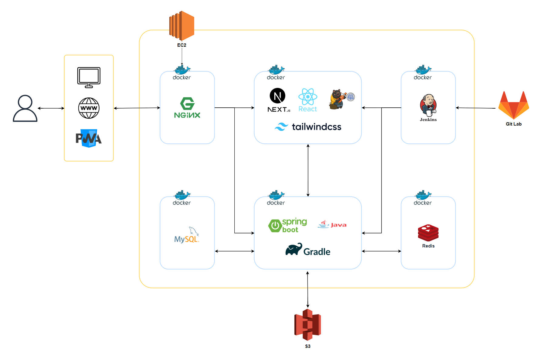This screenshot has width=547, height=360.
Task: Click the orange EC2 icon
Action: click(182, 26)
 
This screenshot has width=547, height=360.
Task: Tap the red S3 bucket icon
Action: click(307, 325)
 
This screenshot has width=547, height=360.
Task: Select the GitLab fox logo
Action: click(514, 105)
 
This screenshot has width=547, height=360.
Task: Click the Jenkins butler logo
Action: click(428, 105)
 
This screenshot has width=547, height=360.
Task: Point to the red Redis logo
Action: click(428, 233)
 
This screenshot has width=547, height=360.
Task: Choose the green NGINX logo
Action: click(187, 108)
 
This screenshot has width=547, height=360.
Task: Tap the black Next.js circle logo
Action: click(277, 96)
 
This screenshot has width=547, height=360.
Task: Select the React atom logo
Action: click(307, 97)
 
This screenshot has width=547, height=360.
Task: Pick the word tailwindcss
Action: click(316, 127)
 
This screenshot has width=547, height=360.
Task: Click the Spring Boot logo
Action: click(287, 225)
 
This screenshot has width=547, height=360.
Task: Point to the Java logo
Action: click(332, 224)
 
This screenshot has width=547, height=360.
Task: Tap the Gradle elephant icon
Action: click(294, 249)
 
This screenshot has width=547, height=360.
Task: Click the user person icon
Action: click(25, 108)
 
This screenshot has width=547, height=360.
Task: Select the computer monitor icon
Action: click(89, 77)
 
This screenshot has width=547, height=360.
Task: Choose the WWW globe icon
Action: click(89, 108)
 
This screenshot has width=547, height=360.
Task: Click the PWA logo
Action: click(89, 139)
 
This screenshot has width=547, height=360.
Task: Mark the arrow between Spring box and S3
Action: click(307, 290)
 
